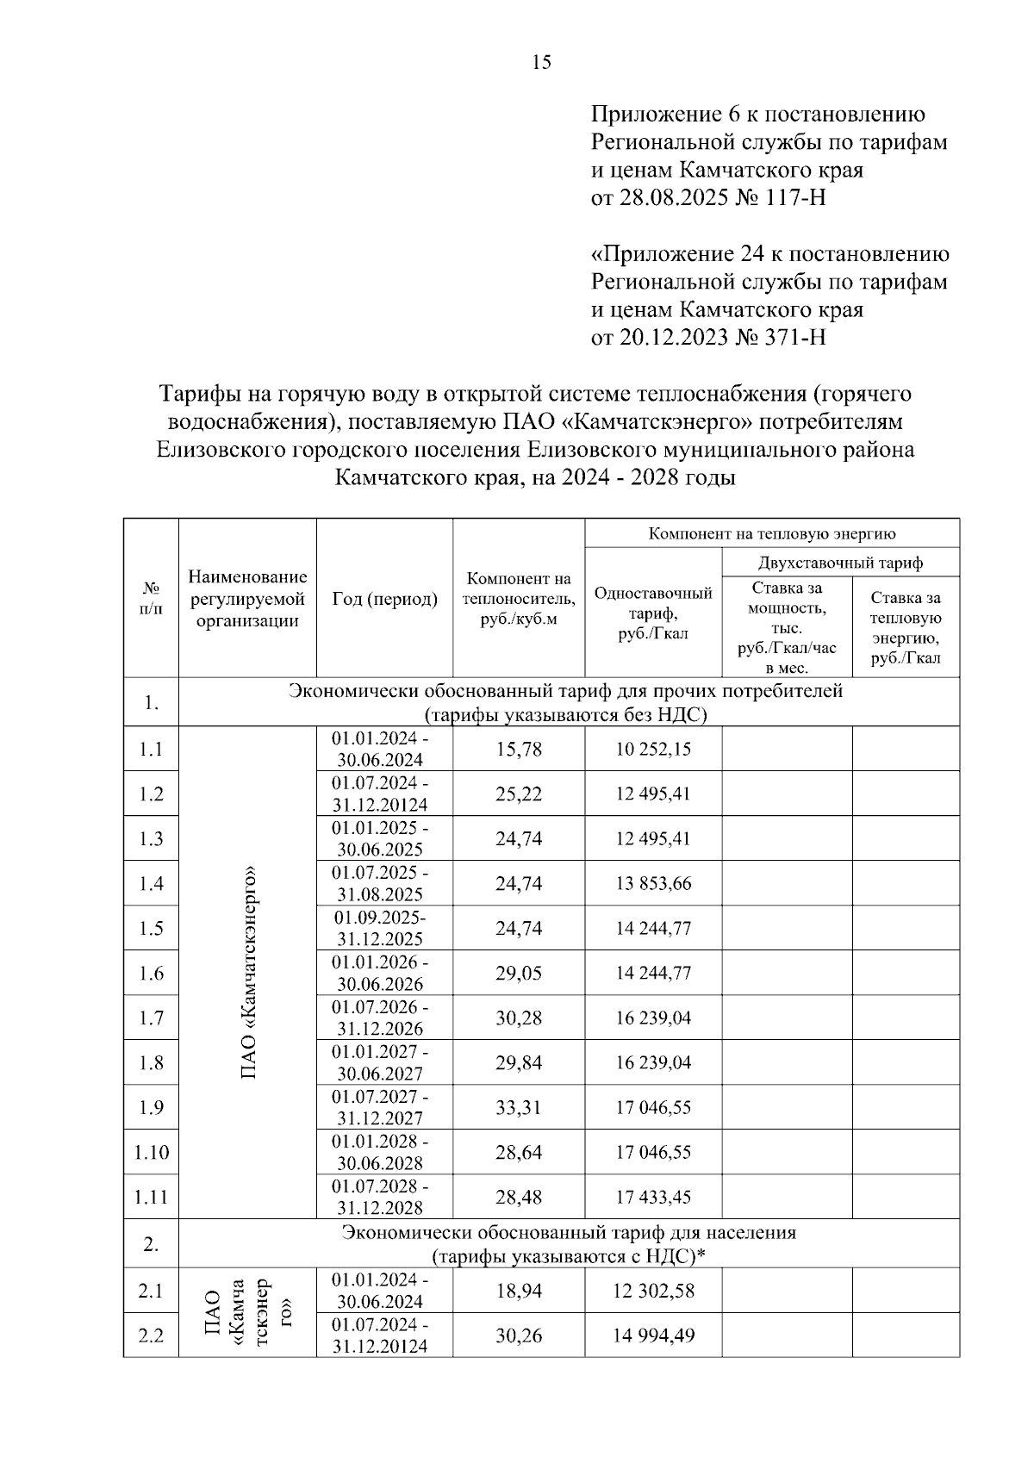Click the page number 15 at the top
pyautogui.click(x=542, y=62)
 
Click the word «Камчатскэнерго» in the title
pyautogui.click(x=651, y=422)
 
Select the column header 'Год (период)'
pyautogui.click(x=384, y=599)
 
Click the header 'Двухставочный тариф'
pyautogui.click(x=840, y=563)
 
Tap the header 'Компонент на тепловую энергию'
pyautogui.click(x=772, y=534)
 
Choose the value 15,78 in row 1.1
pyautogui.click(x=519, y=750)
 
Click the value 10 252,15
pyautogui.click(x=653, y=750)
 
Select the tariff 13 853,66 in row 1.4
pyautogui.click(x=653, y=884)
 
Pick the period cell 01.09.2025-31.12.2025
pyautogui.click(x=380, y=928)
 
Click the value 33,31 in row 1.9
pyautogui.click(x=519, y=1108)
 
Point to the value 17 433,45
pyautogui.click(x=653, y=1198)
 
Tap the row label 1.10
pyautogui.click(x=152, y=1153)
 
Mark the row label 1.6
pyautogui.click(x=152, y=974)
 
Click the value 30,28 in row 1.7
pyautogui.click(x=519, y=1018)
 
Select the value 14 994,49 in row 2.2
pyautogui.click(x=653, y=1336)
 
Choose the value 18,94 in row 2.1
pyautogui.click(x=519, y=1292)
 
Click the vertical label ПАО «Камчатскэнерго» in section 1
pyautogui.click(x=249, y=972)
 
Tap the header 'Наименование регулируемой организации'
pyautogui.click(x=248, y=599)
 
